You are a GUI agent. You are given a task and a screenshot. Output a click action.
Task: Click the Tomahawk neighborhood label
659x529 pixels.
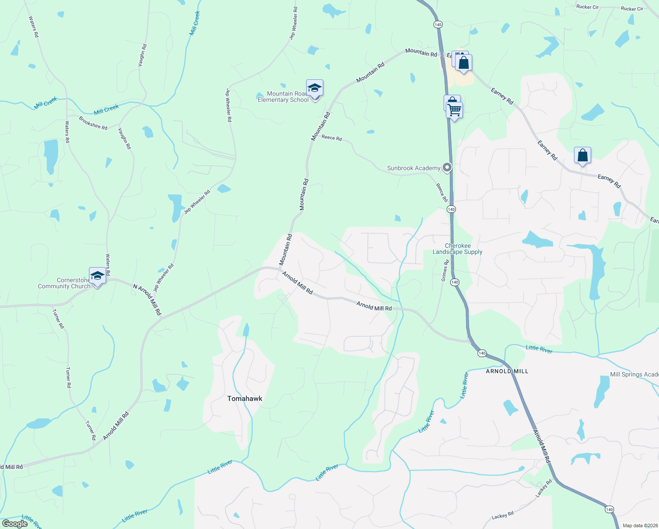pyautogui.click(x=244, y=399)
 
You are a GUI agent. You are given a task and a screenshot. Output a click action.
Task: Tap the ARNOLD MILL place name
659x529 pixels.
pyautogui.click(x=507, y=371)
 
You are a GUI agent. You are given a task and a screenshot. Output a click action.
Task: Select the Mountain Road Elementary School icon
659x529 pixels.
pyautogui.click(x=315, y=88)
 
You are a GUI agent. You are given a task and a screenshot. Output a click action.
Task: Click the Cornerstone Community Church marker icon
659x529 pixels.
pyautogui.click(x=97, y=276)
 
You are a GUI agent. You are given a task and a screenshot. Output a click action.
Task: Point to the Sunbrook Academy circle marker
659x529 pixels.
pyautogui.click(x=447, y=168)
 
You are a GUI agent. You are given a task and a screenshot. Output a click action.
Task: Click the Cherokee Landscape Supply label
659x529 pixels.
pyautogui.click(x=457, y=249)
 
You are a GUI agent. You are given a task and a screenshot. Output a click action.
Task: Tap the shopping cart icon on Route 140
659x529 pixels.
pyautogui.click(x=454, y=110)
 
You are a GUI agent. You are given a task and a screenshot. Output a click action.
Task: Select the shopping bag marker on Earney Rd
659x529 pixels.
pyautogui.click(x=582, y=156)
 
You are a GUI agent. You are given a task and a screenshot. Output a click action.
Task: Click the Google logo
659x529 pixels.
pyautogui.click(x=15, y=524)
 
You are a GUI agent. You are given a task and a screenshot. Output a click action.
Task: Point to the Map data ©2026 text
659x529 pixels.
pyautogui.click(x=639, y=525)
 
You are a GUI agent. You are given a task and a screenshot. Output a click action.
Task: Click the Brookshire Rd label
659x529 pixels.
pyautogui.click(x=93, y=123)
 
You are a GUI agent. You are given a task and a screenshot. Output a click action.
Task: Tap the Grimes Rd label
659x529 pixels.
pyautogui.click(x=445, y=270)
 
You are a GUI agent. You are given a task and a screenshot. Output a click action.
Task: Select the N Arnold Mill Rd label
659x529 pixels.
pyautogui.click(x=147, y=300)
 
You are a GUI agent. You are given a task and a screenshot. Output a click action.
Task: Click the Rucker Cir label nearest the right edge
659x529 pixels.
pyautogui.click(x=632, y=8)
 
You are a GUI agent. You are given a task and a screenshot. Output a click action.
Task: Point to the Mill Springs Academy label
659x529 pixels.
pyautogui.click(x=634, y=374)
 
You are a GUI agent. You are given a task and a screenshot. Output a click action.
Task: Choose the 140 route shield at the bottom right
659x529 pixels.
pyautogui.click(x=609, y=509)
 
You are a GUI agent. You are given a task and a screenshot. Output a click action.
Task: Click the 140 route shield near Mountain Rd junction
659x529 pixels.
pyautogui.click(x=437, y=25)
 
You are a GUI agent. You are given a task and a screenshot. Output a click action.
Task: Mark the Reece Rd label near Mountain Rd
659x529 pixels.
pyautogui.click(x=331, y=138)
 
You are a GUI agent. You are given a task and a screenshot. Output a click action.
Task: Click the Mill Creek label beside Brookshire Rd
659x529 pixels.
pyautogui.click(x=106, y=109)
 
